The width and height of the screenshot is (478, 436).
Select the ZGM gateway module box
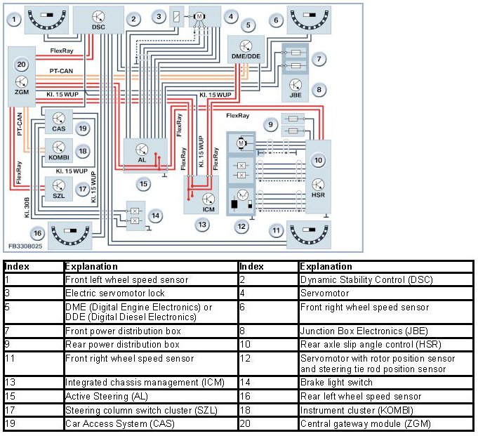point(20,77)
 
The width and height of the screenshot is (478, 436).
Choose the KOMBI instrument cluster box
point(58,150)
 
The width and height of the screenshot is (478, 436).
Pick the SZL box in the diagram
point(58,187)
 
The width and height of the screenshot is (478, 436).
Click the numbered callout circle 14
point(156,216)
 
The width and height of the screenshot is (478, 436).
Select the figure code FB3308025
point(25,246)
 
